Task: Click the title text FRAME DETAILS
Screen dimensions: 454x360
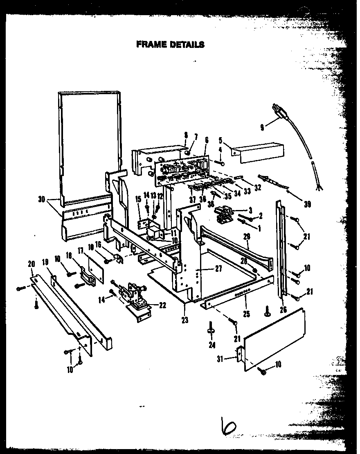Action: click(x=170, y=44)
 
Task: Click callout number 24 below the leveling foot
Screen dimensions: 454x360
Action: click(x=211, y=345)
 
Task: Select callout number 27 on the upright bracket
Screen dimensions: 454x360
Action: click(x=218, y=269)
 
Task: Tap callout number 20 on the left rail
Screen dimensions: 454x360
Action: click(x=32, y=264)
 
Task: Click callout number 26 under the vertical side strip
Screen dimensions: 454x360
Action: click(x=283, y=309)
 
